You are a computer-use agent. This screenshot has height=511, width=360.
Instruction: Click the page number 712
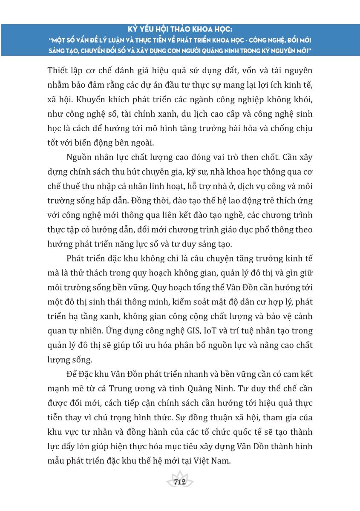tap(179, 482)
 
